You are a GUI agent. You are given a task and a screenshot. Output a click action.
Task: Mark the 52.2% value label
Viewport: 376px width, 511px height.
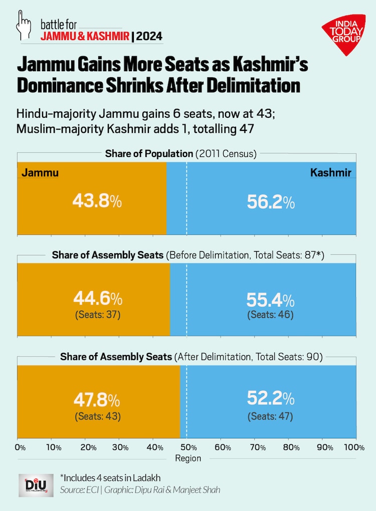[x=271, y=398]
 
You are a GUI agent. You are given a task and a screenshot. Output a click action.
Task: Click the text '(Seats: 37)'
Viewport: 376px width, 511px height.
[x=97, y=315]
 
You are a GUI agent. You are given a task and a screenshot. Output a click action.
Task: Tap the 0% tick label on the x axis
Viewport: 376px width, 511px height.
[x=21, y=447]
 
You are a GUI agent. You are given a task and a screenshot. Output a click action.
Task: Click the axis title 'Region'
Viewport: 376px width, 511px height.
[x=188, y=458]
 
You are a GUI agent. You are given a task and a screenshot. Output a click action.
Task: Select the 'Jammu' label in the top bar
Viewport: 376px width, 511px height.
[x=40, y=173]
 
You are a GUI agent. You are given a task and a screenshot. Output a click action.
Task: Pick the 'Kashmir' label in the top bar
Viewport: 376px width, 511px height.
[x=330, y=173]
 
